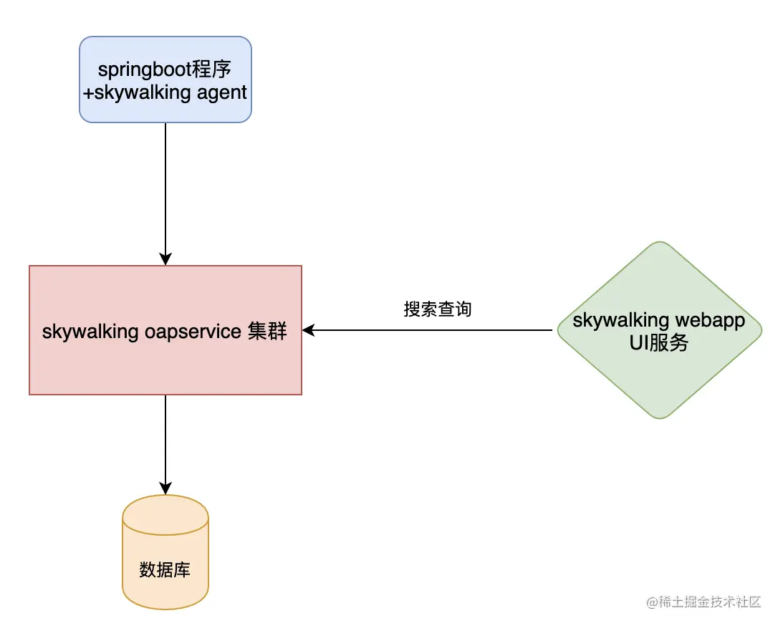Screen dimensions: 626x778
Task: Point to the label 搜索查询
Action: click(437, 309)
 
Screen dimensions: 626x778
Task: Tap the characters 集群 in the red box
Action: click(267, 331)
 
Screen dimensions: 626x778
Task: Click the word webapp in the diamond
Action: click(709, 319)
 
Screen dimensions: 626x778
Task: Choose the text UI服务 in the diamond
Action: click(658, 342)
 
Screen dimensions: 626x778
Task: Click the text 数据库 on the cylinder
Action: click(165, 570)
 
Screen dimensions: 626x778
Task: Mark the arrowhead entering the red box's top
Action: click(165, 259)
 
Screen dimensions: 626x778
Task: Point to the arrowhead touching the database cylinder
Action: click(165, 488)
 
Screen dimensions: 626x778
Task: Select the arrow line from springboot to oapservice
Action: click(165, 186)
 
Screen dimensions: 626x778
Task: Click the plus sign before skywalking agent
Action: click(89, 92)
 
